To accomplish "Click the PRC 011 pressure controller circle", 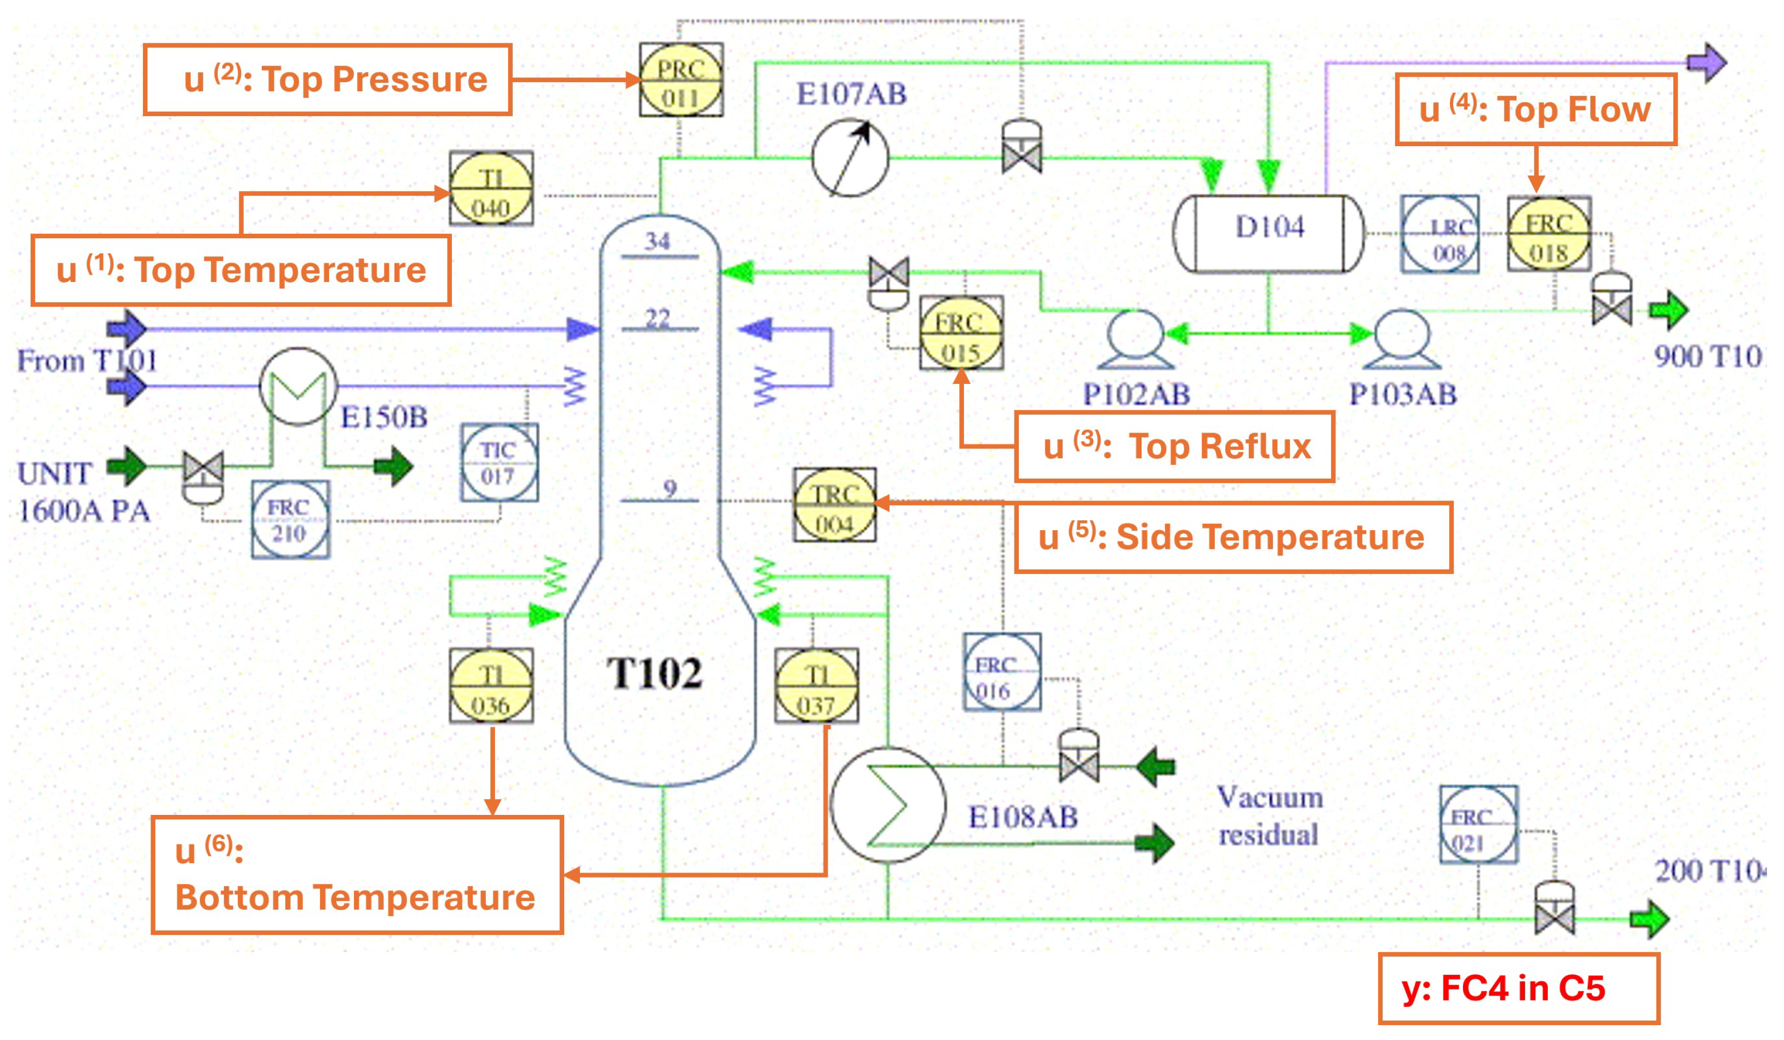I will (x=680, y=81).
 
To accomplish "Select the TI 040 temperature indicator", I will (x=491, y=189).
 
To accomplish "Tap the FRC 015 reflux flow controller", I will (x=961, y=334).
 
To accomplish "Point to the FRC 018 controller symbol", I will (x=1548, y=234).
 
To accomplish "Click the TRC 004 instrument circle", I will (x=834, y=505).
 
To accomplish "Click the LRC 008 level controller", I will (x=1439, y=234).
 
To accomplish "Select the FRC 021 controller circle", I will (x=1478, y=825).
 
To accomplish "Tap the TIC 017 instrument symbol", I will (x=499, y=462).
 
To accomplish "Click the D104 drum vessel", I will (x=1269, y=234).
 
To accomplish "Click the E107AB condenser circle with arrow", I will (x=850, y=158).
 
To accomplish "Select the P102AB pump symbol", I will (x=1135, y=340).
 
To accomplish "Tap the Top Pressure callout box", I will (x=327, y=80).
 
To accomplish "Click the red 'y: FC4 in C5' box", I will (x=1518, y=989).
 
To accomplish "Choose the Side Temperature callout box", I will (x=1233, y=537).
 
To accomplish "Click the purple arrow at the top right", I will (x=1707, y=63).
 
